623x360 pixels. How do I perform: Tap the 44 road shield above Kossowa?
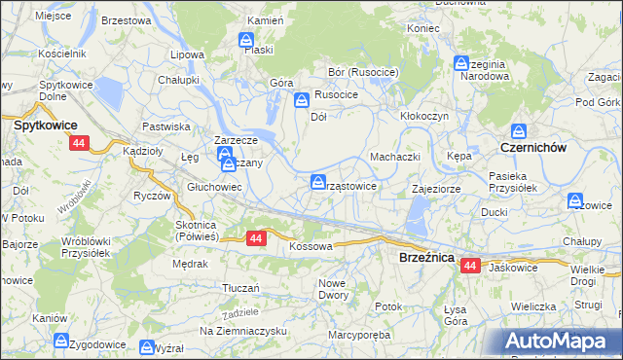256,237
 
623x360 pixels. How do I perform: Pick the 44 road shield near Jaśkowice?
471,265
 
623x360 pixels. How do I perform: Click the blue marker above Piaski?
247,42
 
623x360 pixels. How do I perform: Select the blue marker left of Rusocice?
303,99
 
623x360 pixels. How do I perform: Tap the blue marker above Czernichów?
519,130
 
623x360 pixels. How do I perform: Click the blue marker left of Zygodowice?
61,342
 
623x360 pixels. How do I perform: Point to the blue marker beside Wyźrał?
147,347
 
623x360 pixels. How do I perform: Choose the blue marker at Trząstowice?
318,182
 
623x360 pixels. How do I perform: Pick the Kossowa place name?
311,247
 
